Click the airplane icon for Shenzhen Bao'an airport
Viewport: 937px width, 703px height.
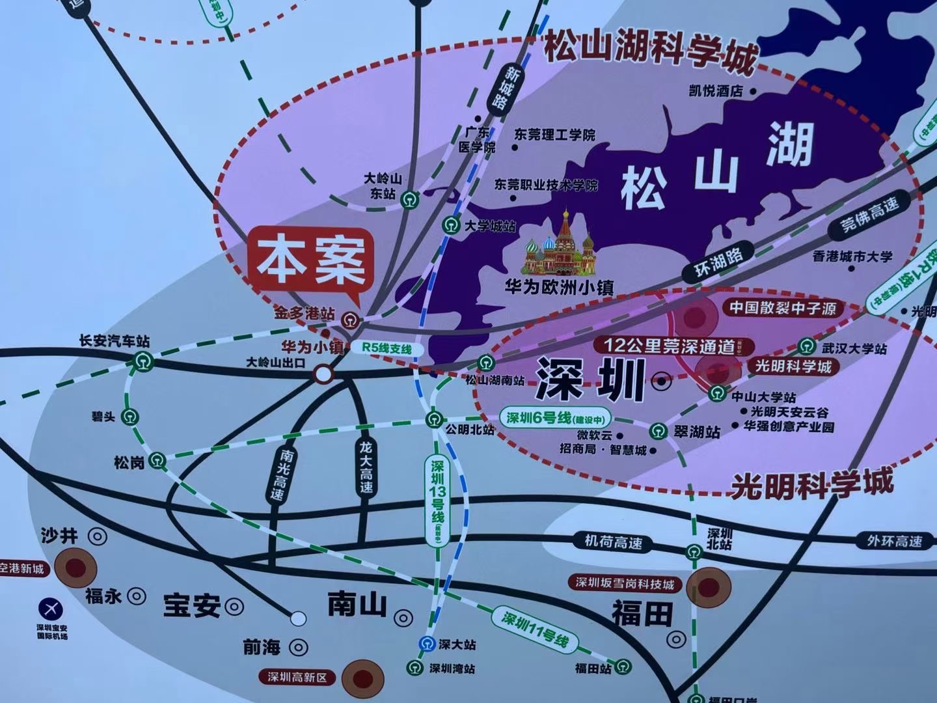tap(51, 608)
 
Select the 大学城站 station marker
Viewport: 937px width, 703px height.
tap(450, 226)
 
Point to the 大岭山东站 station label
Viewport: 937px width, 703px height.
tap(383, 186)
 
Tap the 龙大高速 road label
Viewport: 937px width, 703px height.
tap(366, 467)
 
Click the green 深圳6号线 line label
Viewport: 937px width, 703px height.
tap(556, 418)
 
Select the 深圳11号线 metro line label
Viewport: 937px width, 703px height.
tap(535, 628)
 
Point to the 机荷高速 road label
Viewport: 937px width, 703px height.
tap(613, 541)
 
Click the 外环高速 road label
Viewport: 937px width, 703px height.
tap(895, 541)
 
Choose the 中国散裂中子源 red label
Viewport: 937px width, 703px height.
tap(782, 307)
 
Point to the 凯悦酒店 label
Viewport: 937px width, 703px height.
tap(716, 91)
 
